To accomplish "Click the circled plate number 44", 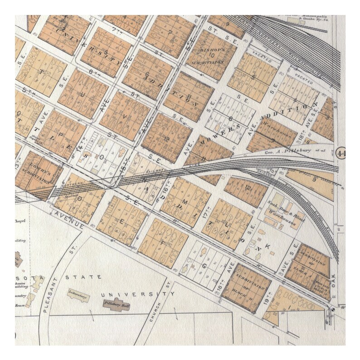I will coord(342,154).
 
